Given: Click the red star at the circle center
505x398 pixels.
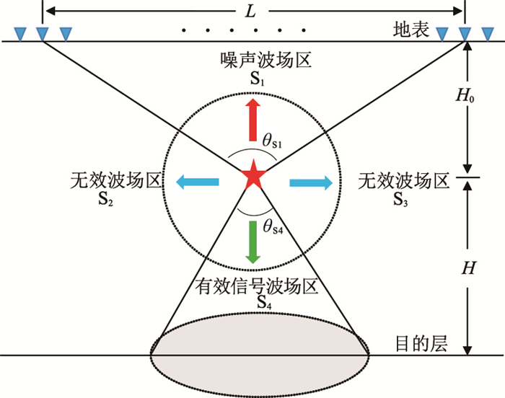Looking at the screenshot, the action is (252, 176).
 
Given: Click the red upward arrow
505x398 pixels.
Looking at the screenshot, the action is (252, 120).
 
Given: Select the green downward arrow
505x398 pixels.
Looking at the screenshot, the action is (252, 241).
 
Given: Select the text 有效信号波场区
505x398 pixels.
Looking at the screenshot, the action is (258, 287).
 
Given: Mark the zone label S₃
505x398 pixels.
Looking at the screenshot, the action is (401, 199).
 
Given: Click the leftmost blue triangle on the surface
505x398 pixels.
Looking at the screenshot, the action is (19, 33).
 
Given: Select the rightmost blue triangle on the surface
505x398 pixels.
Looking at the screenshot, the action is (489, 33).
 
